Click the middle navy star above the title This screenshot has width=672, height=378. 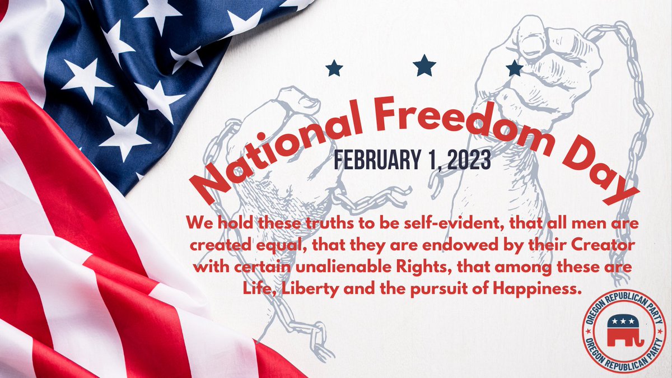pyautogui.click(x=424, y=66)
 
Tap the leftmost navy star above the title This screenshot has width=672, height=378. pyautogui.click(x=334, y=68)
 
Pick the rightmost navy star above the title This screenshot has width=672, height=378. pyautogui.click(x=514, y=68)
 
